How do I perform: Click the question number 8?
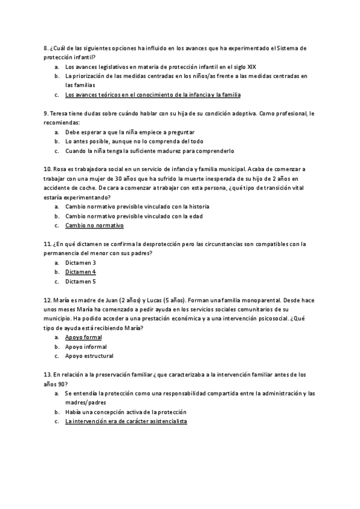(x=46, y=48)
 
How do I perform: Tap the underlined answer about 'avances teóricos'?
(x=152, y=94)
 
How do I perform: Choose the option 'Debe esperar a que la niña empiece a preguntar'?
(x=130, y=132)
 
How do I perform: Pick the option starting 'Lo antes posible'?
(x=130, y=141)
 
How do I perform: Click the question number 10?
(x=47, y=169)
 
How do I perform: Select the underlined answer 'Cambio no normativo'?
(x=94, y=226)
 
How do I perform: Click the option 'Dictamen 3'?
(x=80, y=262)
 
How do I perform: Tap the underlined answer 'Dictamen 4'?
(x=80, y=272)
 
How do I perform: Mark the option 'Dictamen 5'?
(x=80, y=281)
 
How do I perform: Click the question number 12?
(x=47, y=300)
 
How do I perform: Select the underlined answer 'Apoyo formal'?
(x=83, y=337)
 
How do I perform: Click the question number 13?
(x=47, y=375)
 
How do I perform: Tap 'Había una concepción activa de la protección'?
(x=126, y=412)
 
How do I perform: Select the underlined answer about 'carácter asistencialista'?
(x=126, y=421)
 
